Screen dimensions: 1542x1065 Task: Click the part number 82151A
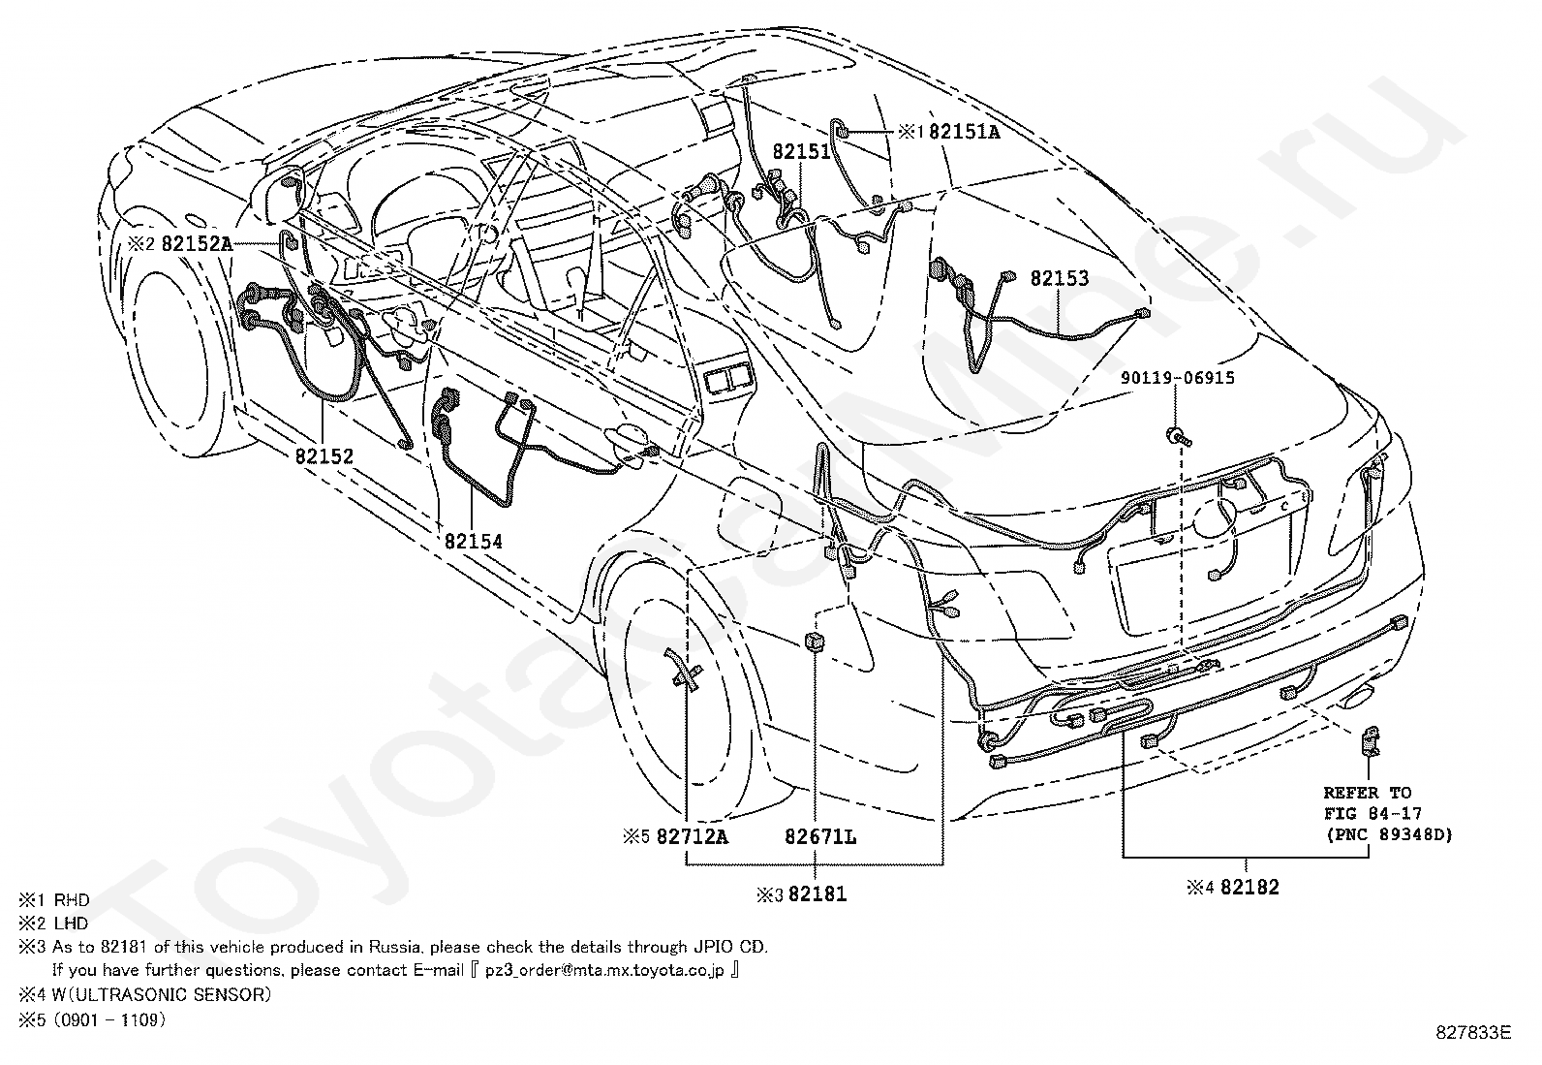tap(964, 132)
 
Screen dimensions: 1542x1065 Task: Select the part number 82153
tap(1060, 278)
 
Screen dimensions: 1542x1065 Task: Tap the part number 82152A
tap(197, 244)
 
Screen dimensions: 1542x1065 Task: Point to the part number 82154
tap(473, 542)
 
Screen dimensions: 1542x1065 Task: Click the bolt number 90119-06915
tap(1178, 378)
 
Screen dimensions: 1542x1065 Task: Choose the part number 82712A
tap(692, 837)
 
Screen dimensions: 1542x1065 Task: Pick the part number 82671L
tap(820, 837)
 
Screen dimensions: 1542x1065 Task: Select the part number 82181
tap(817, 894)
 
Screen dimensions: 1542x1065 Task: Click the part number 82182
tap(1249, 888)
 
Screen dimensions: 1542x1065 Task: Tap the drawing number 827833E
tap(1473, 1051)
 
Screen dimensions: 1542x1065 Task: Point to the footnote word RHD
tap(72, 900)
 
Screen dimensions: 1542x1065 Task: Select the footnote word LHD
tap(72, 924)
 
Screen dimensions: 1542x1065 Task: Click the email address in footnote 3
tap(604, 971)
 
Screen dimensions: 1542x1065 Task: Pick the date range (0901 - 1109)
tap(109, 1020)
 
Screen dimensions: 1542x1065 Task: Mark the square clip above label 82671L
tap(814, 642)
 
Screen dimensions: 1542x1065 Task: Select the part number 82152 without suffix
tap(324, 456)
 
